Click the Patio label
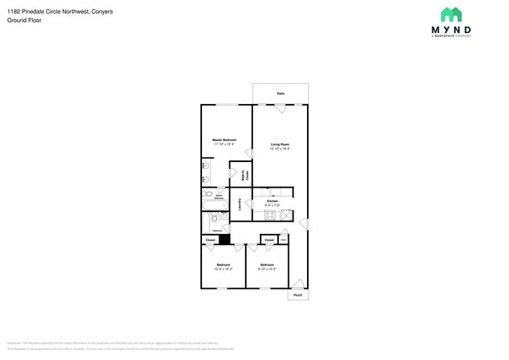280,94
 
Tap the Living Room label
280,144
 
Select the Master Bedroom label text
224,140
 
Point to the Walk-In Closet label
245,175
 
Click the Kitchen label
273,201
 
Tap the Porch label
298,295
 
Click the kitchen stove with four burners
270,214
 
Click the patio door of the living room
280,108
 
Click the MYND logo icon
450,15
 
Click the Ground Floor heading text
23,21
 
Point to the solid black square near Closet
224,239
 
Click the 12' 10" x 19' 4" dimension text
280,149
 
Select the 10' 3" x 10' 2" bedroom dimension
223,269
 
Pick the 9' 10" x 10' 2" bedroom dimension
267,269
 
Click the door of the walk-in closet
233,173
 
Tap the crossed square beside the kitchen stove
287,214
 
